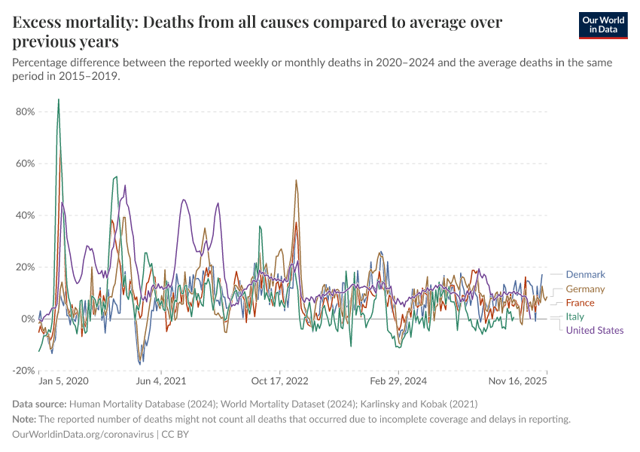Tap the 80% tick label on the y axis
(x=25, y=111)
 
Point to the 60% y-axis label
(x=25, y=163)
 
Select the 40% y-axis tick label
(x=25, y=215)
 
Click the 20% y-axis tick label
(x=25, y=267)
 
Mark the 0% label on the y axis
(x=28, y=319)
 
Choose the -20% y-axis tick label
(x=23, y=371)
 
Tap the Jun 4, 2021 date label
(x=160, y=383)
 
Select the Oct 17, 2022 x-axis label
(x=279, y=383)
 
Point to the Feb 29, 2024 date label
(x=398, y=383)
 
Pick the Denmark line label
(x=585, y=275)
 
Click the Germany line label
(x=585, y=289)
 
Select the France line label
(x=580, y=303)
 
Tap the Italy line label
(x=574, y=316)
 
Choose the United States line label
(x=594, y=330)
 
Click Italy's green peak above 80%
(x=59, y=100)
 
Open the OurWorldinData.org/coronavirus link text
(x=83, y=435)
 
